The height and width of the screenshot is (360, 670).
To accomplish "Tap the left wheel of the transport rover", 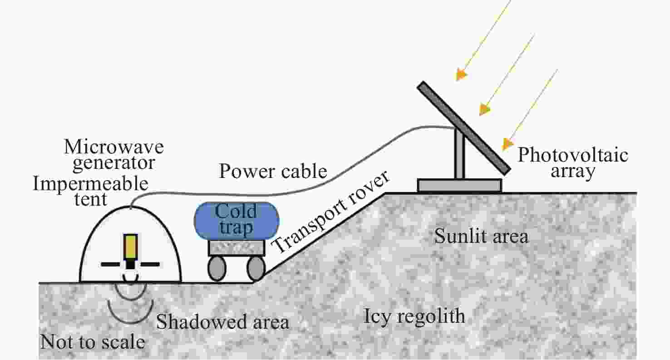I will tap(217, 268).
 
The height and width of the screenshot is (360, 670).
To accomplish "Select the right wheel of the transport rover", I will tap(256, 268).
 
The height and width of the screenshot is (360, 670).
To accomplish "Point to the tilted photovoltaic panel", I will tap(463, 127).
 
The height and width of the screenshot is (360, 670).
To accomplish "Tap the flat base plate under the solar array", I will tap(459, 185).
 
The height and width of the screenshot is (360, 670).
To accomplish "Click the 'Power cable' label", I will tap(273, 172).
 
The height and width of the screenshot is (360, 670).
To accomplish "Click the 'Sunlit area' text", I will tap(481, 237).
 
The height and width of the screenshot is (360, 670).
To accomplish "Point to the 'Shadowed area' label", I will tap(222, 322).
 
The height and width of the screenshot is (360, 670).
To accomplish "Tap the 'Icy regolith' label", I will tap(414, 316).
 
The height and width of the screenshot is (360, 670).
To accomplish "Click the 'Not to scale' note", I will tap(93, 341).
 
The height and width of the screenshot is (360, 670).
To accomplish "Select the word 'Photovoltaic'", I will tap(573, 156).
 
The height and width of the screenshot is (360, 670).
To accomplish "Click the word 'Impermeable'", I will tap(90, 184).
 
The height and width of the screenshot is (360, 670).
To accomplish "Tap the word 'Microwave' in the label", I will tap(113, 147).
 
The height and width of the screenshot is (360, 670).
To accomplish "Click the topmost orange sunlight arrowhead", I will tap(461, 74).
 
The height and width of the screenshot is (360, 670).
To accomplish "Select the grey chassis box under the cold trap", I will tap(236, 247).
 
